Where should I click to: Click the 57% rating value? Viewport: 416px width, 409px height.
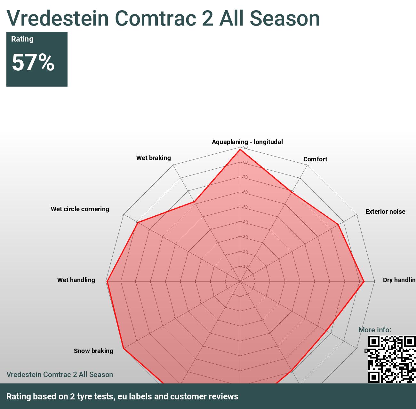(x=33, y=62)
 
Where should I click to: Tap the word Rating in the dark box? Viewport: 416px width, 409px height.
(x=22, y=39)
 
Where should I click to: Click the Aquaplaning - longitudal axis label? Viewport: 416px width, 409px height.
(x=247, y=142)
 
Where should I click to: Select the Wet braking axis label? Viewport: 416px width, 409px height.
(x=153, y=158)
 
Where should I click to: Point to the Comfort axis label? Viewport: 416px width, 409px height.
(x=315, y=159)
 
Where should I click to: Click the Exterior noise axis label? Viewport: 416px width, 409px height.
(x=385, y=212)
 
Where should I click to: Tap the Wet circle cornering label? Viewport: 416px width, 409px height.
(x=80, y=209)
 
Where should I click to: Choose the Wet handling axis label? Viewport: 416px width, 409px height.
(x=76, y=280)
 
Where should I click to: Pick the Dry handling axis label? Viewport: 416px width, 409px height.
(x=399, y=280)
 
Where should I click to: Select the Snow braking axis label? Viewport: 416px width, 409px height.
(x=93, y=351)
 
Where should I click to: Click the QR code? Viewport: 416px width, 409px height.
(x=392, y=359)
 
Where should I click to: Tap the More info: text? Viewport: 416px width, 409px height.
(x=374, y=330)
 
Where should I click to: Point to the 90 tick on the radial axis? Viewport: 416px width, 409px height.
(x=245, y=147)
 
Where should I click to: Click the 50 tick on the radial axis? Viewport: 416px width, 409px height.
(x=245, y=207)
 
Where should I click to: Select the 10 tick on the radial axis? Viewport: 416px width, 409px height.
(x=245, y=266)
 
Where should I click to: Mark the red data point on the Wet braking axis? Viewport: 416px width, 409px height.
(x=194, y=202)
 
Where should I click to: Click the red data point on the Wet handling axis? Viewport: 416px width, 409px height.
(x=108, y=281)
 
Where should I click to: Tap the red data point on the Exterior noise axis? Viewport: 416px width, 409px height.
(x=338, y=225)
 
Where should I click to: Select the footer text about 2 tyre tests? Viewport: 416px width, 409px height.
(x=122, y=396)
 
